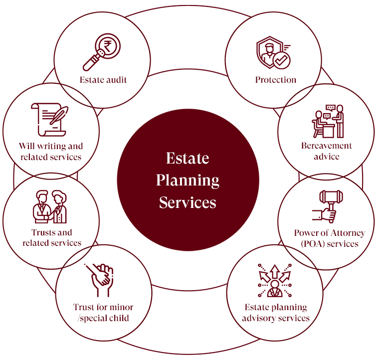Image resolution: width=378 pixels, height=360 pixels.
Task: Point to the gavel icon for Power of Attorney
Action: pos(326,206)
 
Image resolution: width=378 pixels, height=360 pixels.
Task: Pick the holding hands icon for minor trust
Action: pos(102,280)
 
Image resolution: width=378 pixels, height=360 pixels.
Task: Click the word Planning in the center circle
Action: pos(188,180)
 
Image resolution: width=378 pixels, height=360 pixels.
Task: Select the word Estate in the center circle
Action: pos(188,158)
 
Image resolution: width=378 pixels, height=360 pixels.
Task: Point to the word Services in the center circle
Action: pos(188,202)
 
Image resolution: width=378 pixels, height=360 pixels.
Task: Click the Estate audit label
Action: pos(103,80)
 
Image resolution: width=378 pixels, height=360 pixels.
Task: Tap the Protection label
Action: pos(276,80)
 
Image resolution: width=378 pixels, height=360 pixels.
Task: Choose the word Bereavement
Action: pos(327,146)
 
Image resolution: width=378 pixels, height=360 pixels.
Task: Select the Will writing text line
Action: pos(51,146)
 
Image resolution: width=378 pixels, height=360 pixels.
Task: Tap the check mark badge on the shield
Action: pos(282,61)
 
